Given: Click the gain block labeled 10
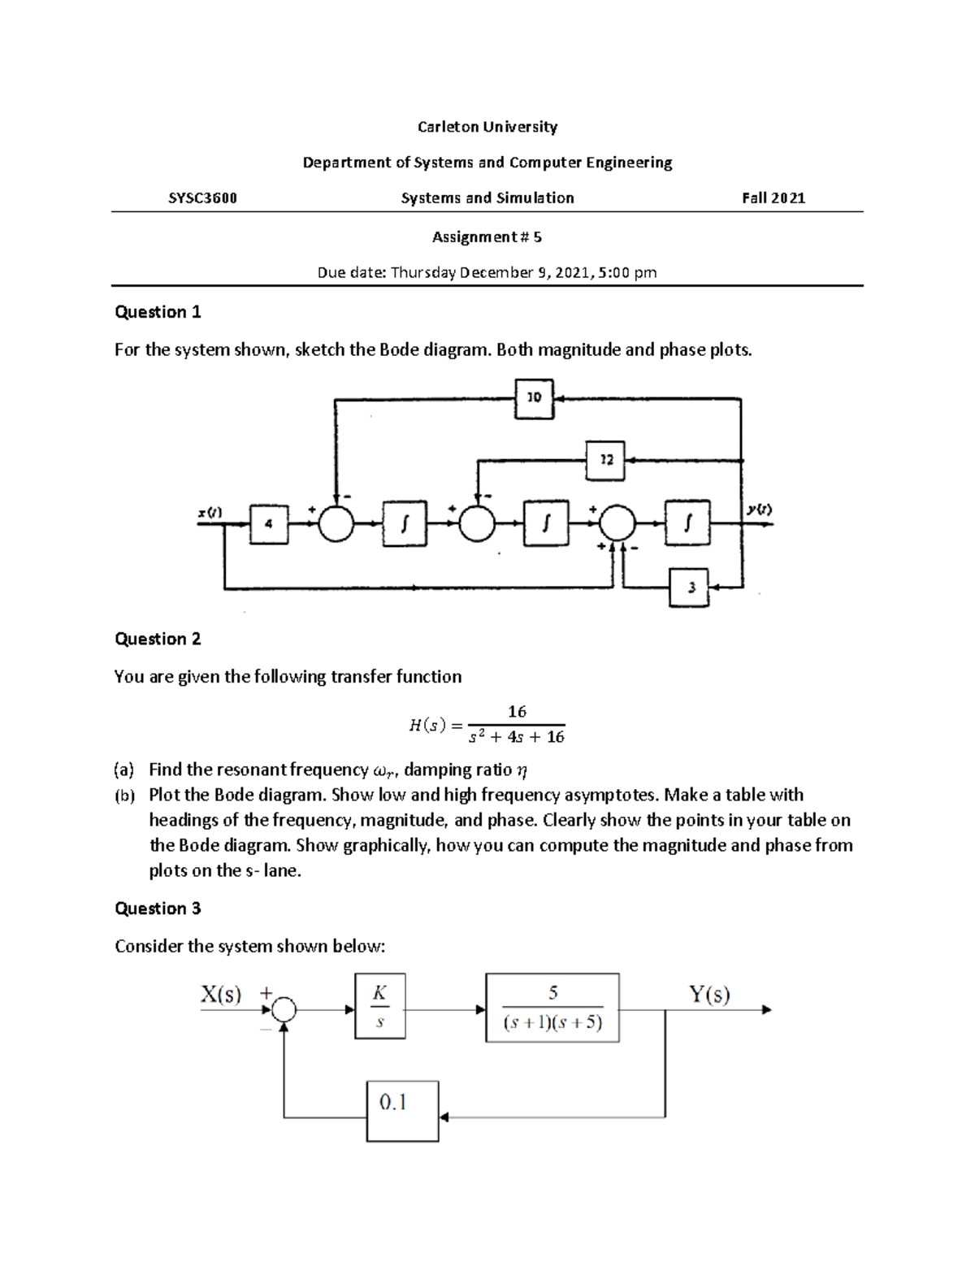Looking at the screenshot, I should pos(534,398).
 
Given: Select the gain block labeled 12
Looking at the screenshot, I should pos(605,460).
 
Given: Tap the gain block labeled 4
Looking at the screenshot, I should pos(269,525).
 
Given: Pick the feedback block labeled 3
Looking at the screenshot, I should pos(690,587).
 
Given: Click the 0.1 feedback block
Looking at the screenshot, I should pos(402,1111).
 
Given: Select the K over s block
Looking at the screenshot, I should pos(379,1006).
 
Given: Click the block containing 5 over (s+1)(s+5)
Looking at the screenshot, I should pos(552,1008).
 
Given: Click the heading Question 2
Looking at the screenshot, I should pos(158,639).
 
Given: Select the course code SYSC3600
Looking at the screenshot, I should pos(202,197).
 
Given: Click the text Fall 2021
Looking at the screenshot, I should pos(773,197).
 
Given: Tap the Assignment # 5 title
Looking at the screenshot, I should pos(487,236).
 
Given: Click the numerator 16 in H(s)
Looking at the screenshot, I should pos(517,712).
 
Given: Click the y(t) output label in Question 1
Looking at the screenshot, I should pos(759,510).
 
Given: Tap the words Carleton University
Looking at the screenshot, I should pos(487,127).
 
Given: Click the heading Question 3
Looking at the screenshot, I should pos(158,909).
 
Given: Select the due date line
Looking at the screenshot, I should pos(487,272).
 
